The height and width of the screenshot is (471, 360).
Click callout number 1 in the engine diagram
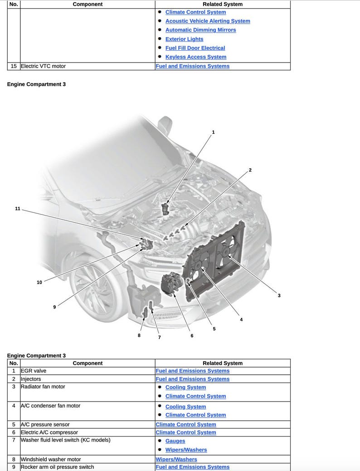[213, 132]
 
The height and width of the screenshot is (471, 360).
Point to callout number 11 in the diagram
[18, 209]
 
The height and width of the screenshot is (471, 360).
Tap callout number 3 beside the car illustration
[279, 295]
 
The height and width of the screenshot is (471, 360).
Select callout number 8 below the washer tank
[139, 335]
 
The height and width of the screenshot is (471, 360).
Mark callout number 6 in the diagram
[192, 336]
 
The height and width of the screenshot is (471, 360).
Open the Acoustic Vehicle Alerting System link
[207, 21]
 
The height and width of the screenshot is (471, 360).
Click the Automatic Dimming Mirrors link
[200, 30]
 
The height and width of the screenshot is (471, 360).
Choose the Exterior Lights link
[184, 39]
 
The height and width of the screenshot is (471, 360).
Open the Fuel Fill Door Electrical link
[195, 48]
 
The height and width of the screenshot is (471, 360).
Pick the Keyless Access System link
[195, 57]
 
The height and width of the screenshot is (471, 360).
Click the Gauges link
[175, 441]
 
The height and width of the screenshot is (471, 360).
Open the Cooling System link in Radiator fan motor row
[185, 388]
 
